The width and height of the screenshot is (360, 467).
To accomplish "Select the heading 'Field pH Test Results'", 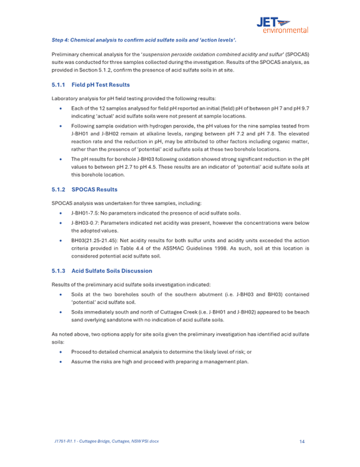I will pyautogui.click(x=100, y=85).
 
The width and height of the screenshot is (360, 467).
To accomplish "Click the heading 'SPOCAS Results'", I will pyautogui.click(x=94, y=189).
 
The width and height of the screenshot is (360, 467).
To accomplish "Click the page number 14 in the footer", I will pyautogui.click(x=302, y=441).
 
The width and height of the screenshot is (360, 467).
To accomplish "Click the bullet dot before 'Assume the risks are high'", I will pyautogui.click(x=63, y=362).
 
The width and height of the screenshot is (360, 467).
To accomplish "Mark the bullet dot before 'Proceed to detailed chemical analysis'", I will pyautogui.click(x=63, y=352).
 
